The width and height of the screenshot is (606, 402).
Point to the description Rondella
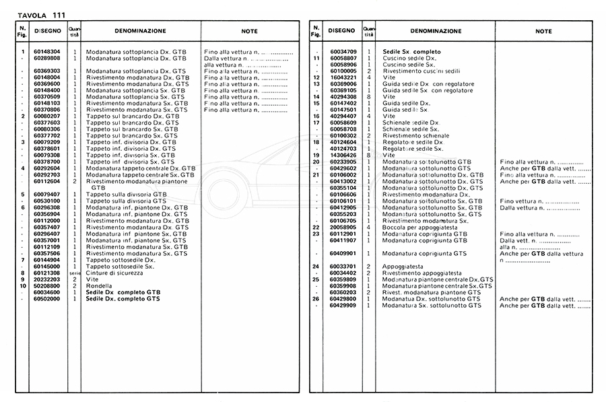click(x=100, y=286)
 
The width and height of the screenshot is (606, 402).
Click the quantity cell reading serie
click(x=75, y=273)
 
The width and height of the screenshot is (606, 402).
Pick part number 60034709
click(x=343, y=52)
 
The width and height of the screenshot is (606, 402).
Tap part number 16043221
click(x=343, y=77)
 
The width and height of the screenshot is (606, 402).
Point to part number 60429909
click(x=343, y=305)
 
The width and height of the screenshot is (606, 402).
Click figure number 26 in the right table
click(x=316, y=298)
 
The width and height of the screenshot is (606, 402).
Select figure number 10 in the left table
click(x=22, y=286)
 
